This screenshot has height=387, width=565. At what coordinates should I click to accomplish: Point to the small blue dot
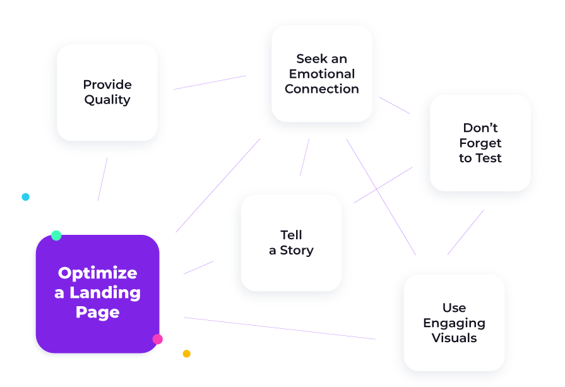(25, 197)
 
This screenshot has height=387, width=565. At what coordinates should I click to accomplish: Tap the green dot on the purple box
(56, 235)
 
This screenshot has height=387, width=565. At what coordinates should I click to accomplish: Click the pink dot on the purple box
(157, 339)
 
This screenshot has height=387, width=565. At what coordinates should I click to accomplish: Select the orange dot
(186, 354)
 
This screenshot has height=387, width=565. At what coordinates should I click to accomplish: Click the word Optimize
(97, 273)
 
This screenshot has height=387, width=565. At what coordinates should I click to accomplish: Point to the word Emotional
(322, 74)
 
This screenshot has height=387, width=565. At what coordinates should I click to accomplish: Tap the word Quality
(107, 100)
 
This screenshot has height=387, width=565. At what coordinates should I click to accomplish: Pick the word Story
(297, 251)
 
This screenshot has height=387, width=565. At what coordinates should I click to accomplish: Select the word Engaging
(454, 323)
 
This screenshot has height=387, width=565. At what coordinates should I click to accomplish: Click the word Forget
(480, 143)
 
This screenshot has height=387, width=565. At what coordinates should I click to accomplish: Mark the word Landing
(105, 293)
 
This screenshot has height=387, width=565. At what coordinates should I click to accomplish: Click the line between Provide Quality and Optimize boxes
(102, 179)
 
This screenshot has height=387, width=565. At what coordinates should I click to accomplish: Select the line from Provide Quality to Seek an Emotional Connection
(210, 83)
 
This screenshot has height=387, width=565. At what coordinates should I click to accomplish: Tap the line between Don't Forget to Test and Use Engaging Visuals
(465, 232)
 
